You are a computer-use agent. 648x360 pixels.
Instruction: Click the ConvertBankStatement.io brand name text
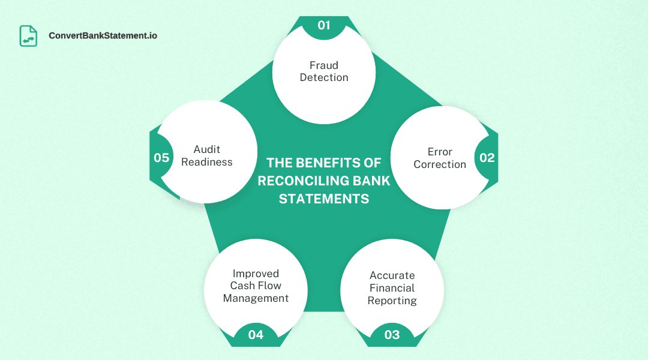click(x=103, y=36)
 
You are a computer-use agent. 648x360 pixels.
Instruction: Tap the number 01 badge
click(x=324, y=25)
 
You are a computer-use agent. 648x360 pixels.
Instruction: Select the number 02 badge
click(x=487, y=158)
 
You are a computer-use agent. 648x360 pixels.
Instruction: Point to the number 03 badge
click(x=392, y=335)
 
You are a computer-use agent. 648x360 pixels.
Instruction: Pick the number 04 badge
click(x=256, y=335)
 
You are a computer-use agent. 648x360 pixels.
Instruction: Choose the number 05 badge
click(x=161, y=158)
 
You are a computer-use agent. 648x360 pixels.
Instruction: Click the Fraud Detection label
click(x=324, y=71)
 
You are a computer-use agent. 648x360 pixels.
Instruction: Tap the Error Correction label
click(x=440, y=158)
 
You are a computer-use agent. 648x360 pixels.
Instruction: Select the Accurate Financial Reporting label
click(x=392, y=288)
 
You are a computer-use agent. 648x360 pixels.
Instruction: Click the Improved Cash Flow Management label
click(x=256, y=286)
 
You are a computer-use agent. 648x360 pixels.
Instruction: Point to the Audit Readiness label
click(x=207, y=156)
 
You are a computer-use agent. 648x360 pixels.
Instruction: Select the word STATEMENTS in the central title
click(x=324, y=199)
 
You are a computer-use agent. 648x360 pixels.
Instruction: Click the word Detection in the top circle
click(x=324, y=77)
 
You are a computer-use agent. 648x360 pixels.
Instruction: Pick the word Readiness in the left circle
click(x=207, y=162)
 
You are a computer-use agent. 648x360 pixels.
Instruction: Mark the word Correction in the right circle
click(x=440, y=164)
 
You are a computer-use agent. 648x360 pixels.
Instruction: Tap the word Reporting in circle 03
click(x=392, y=301)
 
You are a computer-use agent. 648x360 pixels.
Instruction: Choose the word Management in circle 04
click(x=256, y=298)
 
